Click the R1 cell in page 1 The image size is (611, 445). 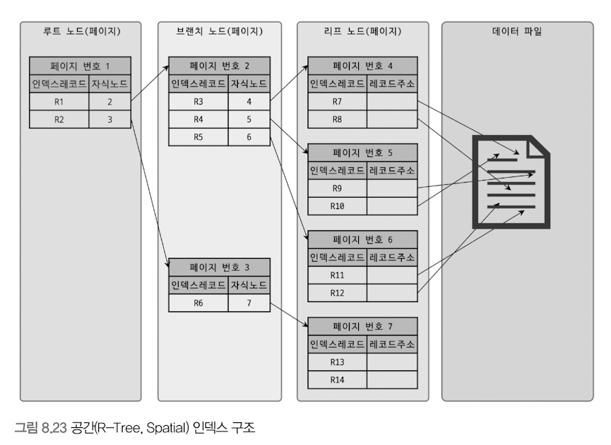pos(59,102)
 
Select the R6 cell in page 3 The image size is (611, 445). pos(199,303)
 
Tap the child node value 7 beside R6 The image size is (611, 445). pos(249,303)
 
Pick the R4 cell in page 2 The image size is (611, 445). pos(199,119)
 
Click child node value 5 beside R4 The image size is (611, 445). pos(249,119)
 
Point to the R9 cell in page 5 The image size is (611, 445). pos(338,189)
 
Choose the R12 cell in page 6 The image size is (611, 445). pos(338,292)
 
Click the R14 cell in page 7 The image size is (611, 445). pos(338,380)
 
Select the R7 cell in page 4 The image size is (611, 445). pos(338,102)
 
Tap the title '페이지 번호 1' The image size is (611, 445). pos(80,67)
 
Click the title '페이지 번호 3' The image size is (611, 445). pos(219,268)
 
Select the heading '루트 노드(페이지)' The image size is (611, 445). pos(80,31)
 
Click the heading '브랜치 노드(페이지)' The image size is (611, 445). pos(219,31)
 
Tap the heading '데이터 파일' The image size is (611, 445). pos(517,31)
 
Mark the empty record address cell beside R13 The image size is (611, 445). pos(392,363)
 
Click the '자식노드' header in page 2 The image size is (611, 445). pos(249,84)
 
